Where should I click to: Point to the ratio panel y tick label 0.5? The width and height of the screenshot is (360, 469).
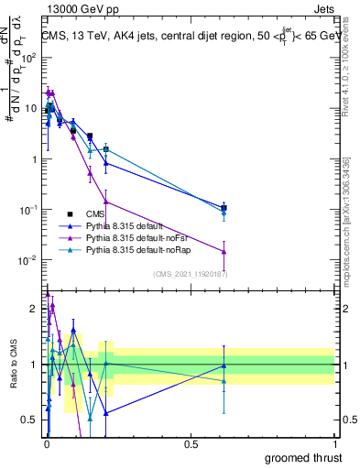coord(30,420)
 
